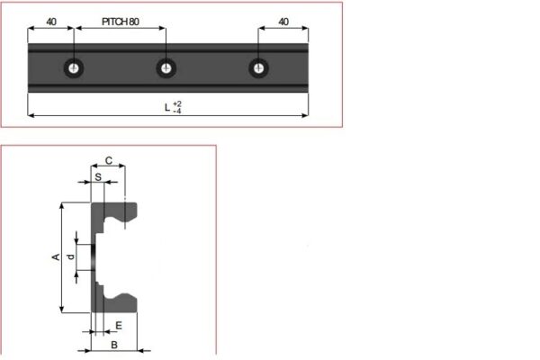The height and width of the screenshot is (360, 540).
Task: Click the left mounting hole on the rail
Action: point(73,67)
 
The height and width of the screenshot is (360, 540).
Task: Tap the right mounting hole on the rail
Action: point(259,67)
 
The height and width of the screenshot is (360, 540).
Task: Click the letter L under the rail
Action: point(166,107)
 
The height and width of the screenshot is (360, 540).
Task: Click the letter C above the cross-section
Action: point(108,160)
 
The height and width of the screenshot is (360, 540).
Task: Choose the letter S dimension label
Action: point(98,177)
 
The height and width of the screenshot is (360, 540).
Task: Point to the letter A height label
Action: point(56,257)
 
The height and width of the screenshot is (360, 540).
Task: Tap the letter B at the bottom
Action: point(113,345)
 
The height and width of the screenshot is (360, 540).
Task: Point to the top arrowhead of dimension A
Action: point(61,206)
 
